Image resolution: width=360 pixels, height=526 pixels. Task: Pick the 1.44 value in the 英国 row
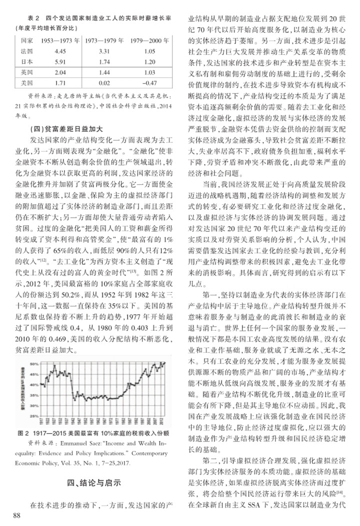(104, 72)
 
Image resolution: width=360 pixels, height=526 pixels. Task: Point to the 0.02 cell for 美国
(104, 81)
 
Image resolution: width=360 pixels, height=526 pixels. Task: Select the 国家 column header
(28, 40)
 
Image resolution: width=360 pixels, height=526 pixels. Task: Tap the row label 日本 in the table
(28, 62)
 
